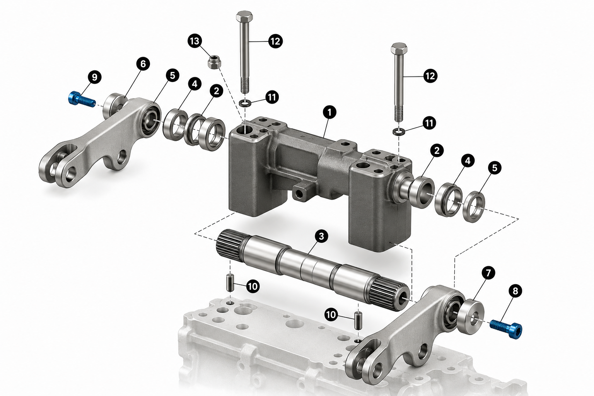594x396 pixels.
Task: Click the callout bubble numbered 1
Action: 329,113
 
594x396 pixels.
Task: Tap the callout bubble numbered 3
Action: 321,236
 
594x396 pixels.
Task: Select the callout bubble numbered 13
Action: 195,41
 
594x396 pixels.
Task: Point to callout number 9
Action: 95,77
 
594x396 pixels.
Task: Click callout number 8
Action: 515,291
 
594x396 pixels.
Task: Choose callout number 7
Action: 488,273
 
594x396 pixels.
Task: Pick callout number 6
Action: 143,64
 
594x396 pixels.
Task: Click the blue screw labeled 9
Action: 82,99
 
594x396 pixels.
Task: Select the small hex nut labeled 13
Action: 214,61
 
